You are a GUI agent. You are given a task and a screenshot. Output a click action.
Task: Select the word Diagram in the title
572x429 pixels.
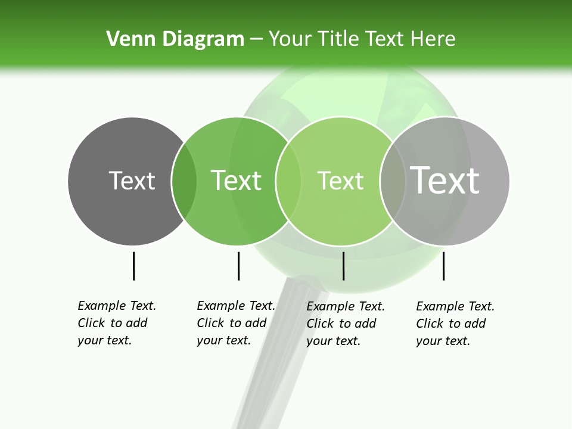[203, 39]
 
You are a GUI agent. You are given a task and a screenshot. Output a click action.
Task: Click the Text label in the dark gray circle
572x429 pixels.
[132, 181]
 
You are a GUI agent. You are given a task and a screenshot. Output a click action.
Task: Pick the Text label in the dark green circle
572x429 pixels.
[236, 181]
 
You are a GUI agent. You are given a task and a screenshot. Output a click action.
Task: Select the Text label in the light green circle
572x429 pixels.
[340, 181]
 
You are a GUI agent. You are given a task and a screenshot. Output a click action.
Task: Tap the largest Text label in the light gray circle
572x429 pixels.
[444, 181]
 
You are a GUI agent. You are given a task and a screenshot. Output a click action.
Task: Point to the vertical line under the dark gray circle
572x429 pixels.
[133, 266]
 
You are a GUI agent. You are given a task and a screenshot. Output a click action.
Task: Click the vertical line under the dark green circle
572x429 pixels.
[238, 266]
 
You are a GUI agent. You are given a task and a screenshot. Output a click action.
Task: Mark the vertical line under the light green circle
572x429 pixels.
[343, 266]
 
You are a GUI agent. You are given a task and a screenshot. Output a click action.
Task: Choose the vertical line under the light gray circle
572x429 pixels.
[443, 266]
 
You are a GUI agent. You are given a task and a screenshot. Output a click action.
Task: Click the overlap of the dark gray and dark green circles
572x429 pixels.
[184, 181]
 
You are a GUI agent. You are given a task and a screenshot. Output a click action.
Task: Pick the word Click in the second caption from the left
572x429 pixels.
[210, 323]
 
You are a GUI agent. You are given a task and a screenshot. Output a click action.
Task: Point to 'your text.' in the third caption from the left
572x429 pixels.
[333, 341]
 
